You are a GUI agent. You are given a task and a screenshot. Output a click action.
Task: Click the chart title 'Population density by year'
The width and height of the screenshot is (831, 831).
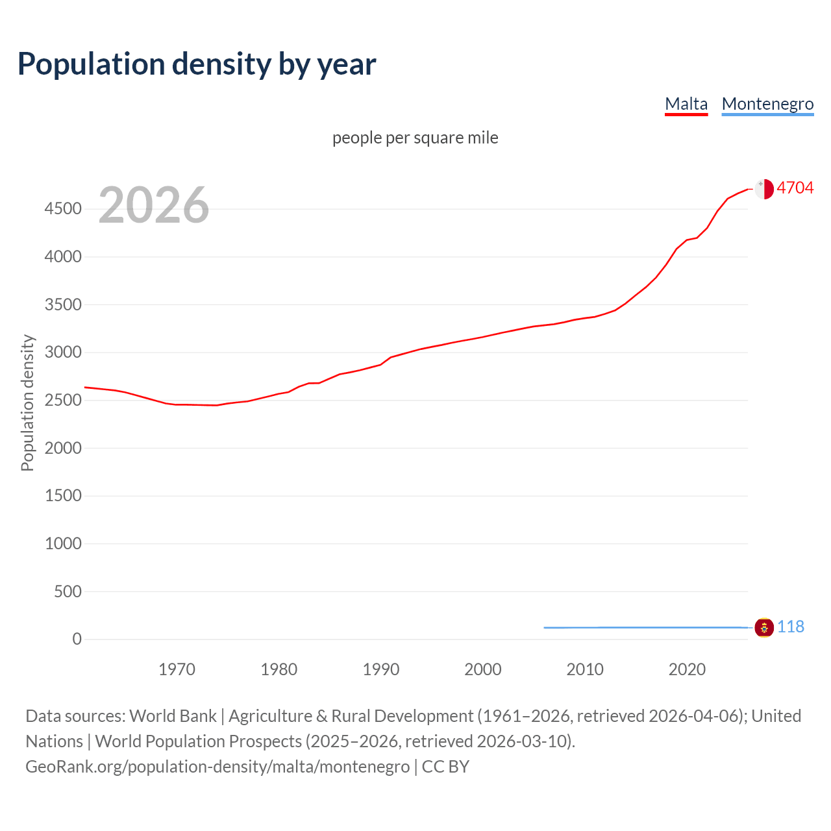pyautogui.click(x=197, y=64)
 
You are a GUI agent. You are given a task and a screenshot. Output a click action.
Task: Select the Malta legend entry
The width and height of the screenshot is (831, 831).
pyautogui.click(x=686, y=104)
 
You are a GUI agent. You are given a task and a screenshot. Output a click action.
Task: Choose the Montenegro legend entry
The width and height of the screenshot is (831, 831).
pyautogui.click(x=767, y=104)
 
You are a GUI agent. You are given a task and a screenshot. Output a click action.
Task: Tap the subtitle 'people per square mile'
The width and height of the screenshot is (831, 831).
pyautogui.click(x=415, y=138)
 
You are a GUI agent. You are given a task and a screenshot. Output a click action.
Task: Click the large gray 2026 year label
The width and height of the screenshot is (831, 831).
pyautogui.click(x=154, y=205)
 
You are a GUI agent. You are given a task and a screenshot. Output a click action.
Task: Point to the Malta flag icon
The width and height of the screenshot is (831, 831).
pyautogui.click(x=764, y=189)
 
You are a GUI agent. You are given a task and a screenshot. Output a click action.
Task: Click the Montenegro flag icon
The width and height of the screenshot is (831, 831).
pyautogui.click(x=764, y=628)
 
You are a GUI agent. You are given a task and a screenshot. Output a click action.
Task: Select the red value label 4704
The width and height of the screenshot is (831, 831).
pyautogui.click(x=795, y=188)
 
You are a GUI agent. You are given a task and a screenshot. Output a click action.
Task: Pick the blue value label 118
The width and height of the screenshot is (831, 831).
pyautogui.click(x=790, y=627)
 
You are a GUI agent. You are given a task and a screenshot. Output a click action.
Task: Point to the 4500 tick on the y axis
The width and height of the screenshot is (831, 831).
pyautogui.click(x=63, y=209)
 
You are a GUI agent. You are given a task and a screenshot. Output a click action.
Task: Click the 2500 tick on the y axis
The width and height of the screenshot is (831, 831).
pyautogui.click(x=63, y=401)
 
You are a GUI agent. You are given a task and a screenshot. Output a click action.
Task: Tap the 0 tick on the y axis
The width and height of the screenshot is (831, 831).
pyautogui.click(x=77, y=639)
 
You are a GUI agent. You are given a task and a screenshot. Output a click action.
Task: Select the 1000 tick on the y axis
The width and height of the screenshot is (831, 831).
pyautogui.click(x=63, y=544)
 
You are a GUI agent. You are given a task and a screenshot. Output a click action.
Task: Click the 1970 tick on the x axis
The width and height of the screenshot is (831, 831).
pyautogui.click(x=177, y=669)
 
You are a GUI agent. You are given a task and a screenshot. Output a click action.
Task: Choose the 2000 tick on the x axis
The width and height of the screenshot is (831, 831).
pyautogui.click(x=483, y=669)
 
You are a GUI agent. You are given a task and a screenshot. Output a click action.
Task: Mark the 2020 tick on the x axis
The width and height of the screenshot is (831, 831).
pyautogui.click(x=687, y=669)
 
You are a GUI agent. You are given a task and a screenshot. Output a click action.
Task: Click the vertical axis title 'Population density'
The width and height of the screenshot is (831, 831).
pyautogui.click(x=27, y=403)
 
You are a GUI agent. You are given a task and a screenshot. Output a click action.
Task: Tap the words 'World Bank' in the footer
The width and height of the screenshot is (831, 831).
pyautogui.click(x=173, y=716)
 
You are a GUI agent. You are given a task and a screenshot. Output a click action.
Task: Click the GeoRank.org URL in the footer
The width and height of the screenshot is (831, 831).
pyautogui.click(x=217, y=767)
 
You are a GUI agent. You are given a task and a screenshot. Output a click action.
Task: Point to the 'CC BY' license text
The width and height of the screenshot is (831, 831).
pyautogui.click(x=445, y=767)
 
